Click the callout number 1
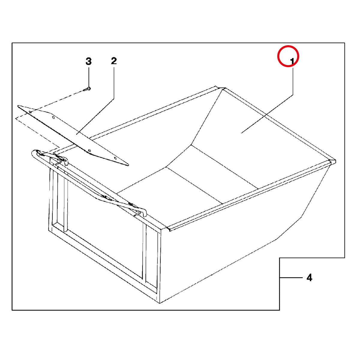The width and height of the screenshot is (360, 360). [292, 61]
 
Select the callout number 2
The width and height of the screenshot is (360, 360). [114, 61]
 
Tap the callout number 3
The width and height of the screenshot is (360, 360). [88, 61]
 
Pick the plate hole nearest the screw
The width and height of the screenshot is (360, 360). [30, 112]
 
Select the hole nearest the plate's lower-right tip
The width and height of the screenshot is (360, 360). [115, 158]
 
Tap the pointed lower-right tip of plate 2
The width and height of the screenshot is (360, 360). [128, 165]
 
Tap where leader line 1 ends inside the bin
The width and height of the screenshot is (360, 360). [241, 133]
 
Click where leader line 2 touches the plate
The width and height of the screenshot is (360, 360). [77, 134]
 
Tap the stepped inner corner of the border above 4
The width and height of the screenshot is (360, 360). [280, 258]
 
